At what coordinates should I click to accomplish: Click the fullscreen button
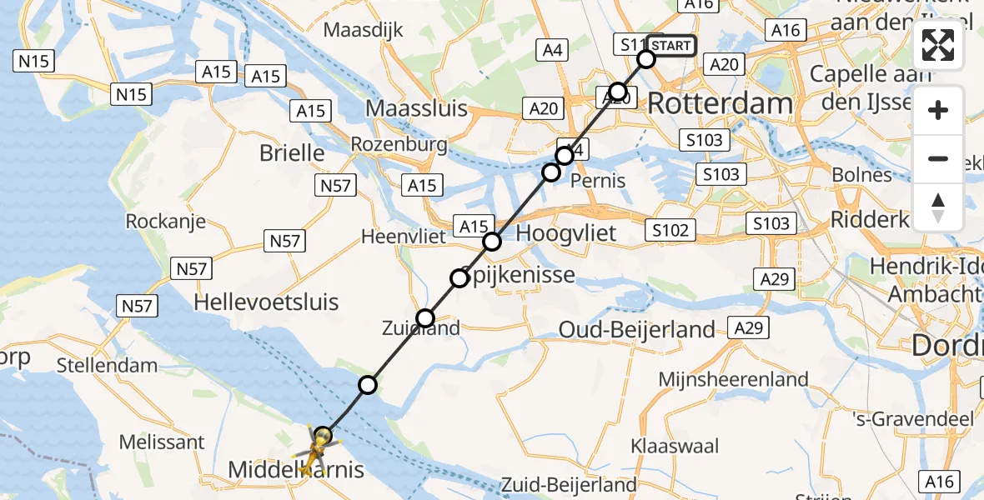pos(938,45)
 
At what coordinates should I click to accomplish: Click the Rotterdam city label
pos(720,104)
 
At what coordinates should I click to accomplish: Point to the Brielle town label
pos(292,153)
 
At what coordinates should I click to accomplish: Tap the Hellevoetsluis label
pos(266,302)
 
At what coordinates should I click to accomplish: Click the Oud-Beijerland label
pos(637,329)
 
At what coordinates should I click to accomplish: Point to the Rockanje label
pos(165,222)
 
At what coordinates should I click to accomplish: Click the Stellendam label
pos(107,365)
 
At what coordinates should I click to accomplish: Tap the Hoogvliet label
pos(566,232)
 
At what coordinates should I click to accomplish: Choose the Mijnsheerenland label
pos(733,380)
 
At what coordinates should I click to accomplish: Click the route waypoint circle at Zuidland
pos(425,317)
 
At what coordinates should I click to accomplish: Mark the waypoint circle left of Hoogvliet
pos(492,242)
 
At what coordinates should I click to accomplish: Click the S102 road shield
pos(670,229)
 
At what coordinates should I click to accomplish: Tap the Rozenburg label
pos(399,144)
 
